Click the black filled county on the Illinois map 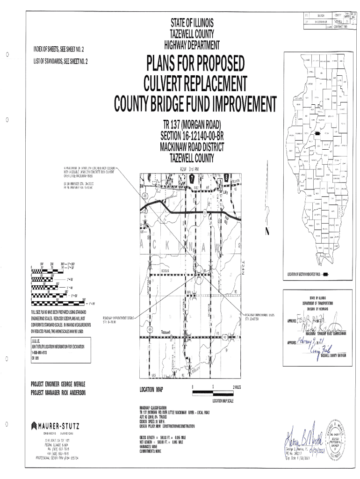[x=318, y=133]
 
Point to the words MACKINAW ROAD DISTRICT [x=192, y=147]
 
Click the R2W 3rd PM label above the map [x=189, y=168]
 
